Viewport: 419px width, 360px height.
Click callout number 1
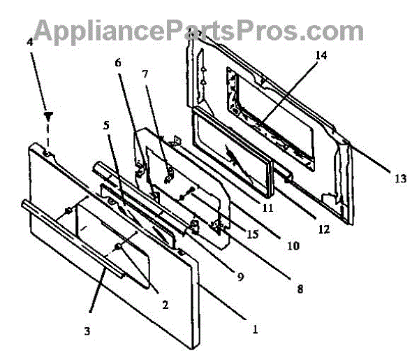[255, 327]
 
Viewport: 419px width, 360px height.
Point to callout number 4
[29, 41]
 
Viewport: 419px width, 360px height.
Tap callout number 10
[293, 246]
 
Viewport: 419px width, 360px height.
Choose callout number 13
[399, 179]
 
